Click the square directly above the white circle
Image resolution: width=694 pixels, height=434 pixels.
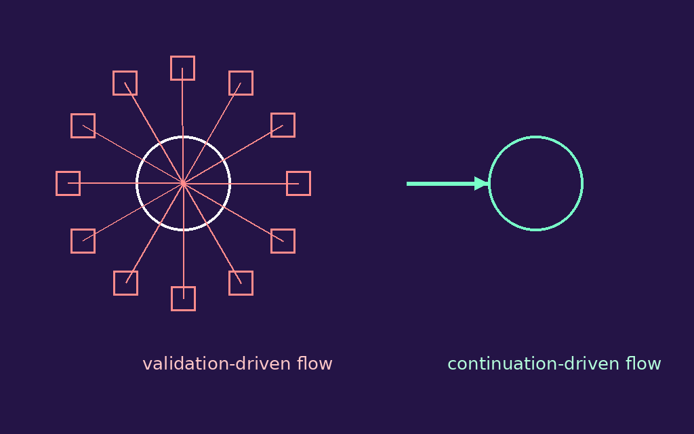(182, 68)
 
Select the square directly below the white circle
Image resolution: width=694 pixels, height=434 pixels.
(183, 298)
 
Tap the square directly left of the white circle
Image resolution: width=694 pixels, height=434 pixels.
(68, 183)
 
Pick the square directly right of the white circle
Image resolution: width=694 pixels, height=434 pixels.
(298, 183)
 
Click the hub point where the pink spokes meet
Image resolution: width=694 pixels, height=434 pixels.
(183, 183)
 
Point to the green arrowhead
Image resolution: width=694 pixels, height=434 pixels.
(482, 183)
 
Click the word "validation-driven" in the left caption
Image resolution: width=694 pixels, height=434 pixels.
(217, 364)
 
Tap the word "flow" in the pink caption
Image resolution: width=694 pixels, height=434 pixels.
(314, 364)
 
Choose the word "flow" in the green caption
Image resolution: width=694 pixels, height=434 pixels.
(643, 364)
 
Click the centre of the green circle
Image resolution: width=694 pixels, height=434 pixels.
(535, 183)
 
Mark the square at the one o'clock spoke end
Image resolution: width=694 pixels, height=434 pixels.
(241, 83)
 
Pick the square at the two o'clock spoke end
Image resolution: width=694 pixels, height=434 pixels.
(283, 125)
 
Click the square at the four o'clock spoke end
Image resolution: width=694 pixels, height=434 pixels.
(283, 241)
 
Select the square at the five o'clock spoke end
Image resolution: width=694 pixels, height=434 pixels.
(241, 283)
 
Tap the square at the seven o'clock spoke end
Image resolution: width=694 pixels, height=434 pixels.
(125, 283)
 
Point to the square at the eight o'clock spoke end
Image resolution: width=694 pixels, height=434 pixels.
(83, 241)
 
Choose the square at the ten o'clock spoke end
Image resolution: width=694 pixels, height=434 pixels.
(83, 125)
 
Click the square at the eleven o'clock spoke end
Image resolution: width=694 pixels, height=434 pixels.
(125, 83)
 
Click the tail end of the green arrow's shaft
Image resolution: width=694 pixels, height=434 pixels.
(408, 183)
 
